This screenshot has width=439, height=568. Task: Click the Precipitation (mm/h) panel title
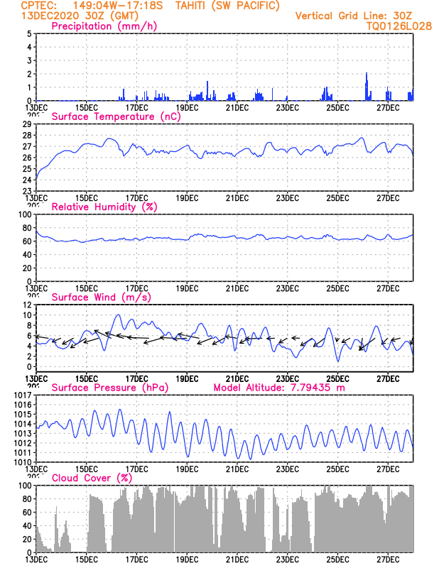click(x=104, y=26)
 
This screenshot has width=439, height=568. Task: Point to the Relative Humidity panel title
click(x=104, y=207)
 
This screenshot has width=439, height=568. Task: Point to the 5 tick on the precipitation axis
click(x=28, y=34)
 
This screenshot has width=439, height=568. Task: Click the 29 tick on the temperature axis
click(x=27, y=124)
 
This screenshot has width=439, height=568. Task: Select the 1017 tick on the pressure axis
click(x=23, y=395)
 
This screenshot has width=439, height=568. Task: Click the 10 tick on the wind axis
click(x=26, y=315)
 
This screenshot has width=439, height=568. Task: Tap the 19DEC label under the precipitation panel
click(x=187, y=107)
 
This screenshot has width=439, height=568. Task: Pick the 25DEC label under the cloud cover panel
click(x=337, y=559)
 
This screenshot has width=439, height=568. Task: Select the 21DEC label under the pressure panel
click(x=237, y=469)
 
